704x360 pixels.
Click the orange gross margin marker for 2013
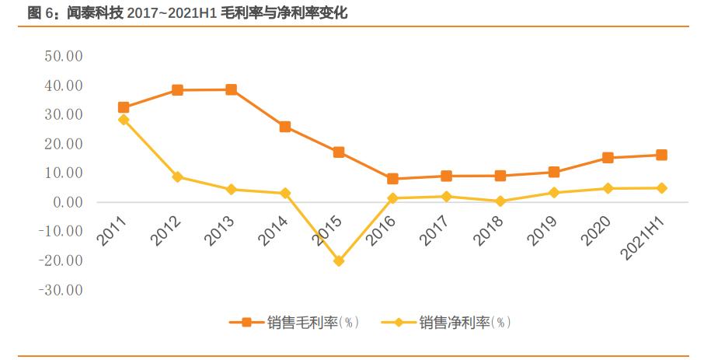231,89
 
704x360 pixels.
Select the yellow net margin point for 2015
339,261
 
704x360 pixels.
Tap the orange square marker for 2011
124,107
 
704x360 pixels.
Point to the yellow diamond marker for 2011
124,120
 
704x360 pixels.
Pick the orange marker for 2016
392,179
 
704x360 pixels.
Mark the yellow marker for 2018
500,201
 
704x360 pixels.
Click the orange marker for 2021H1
661,155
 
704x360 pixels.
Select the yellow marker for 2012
177,177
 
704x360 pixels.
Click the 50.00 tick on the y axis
63,56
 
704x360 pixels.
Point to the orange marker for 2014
285,127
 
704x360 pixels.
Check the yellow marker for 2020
608,188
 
